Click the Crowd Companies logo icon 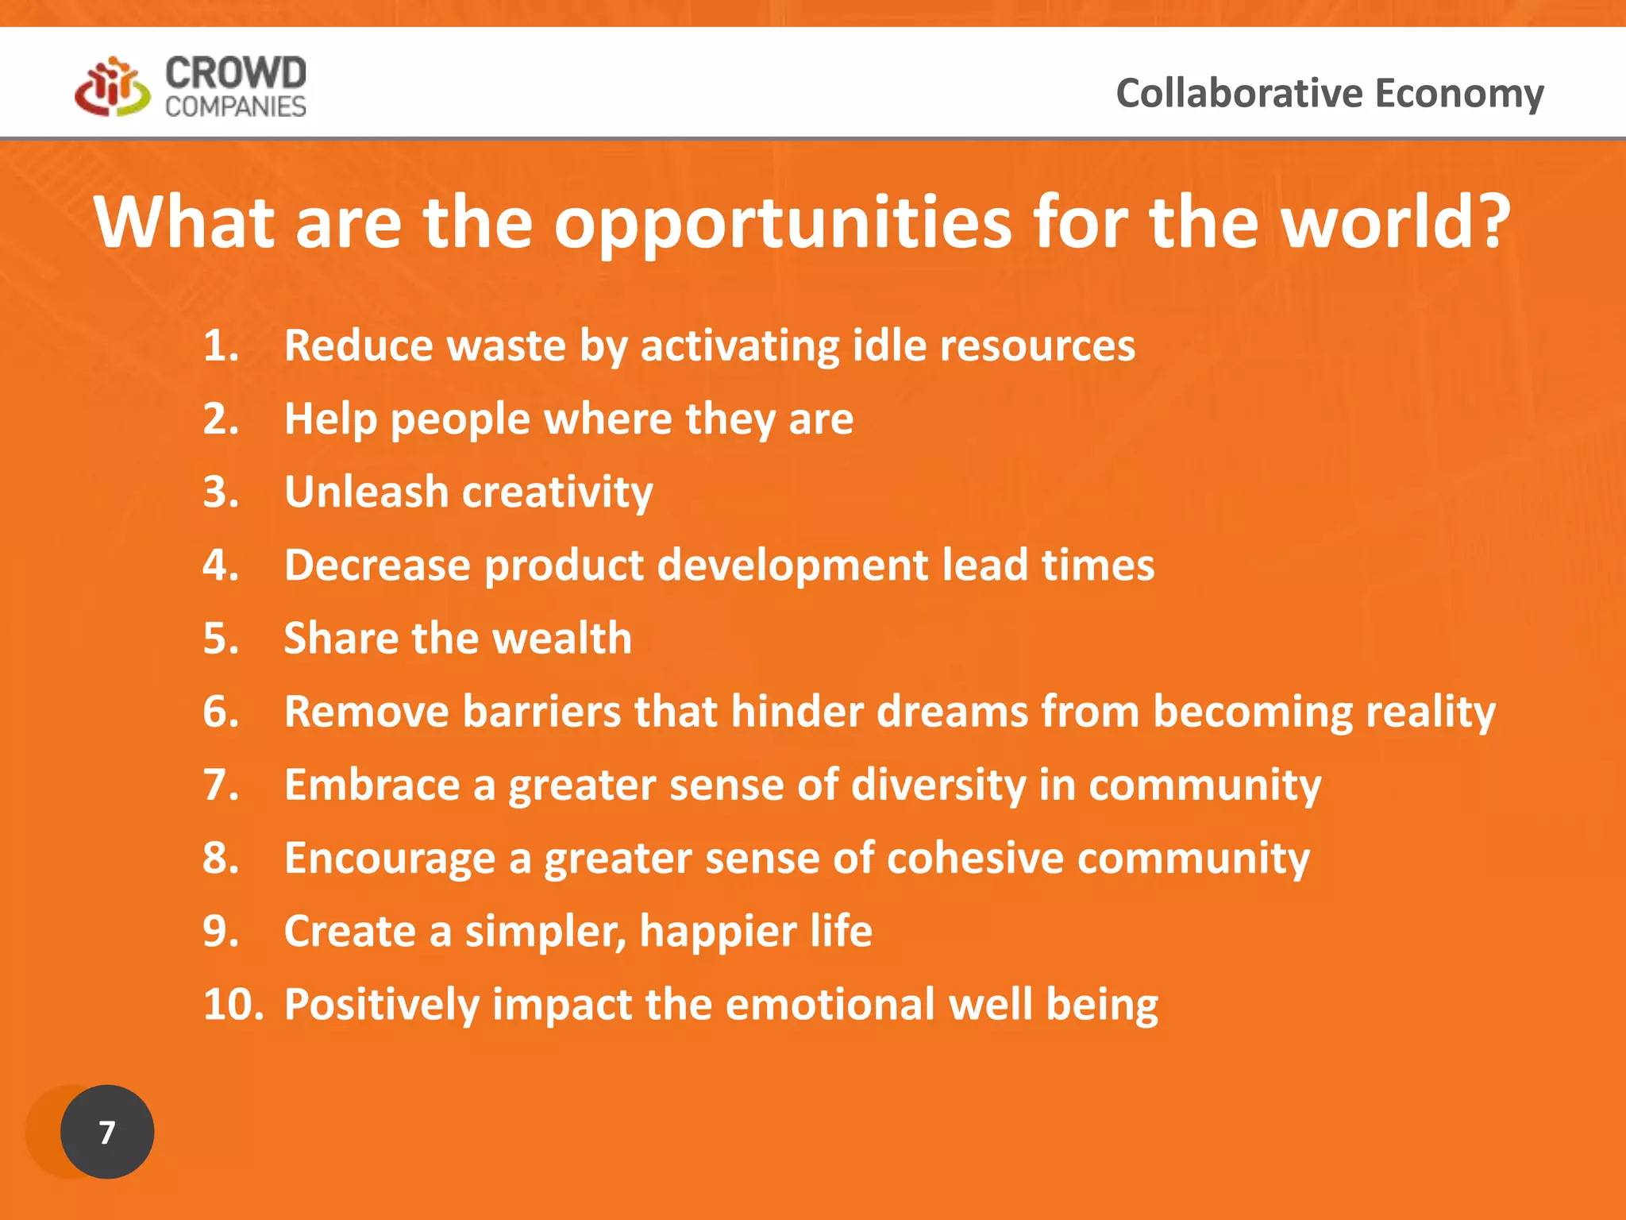tap(112, 87)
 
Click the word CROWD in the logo tap(235, 74)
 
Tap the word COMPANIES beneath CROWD tap(235, 106)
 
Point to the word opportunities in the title tap(782, 224)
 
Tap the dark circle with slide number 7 tap(107, 1131)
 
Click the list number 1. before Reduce tap(221, 346)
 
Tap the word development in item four tap(792, 566)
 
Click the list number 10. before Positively tap(233, 1005)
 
